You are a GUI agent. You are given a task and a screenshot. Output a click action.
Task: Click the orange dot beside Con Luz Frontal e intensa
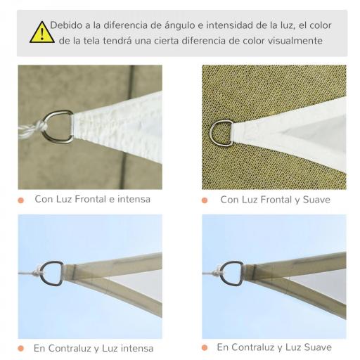coord(22,200)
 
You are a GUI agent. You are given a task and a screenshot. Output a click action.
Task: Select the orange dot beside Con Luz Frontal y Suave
coord(205,200)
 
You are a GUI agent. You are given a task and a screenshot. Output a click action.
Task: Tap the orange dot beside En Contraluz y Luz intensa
coord(22,348)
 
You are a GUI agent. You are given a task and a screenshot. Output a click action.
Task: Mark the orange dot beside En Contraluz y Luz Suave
coord(205,347)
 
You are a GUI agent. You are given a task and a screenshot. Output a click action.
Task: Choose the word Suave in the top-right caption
coord(314,200)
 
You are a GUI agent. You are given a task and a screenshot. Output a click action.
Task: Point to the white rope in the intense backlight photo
coord(32,272)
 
